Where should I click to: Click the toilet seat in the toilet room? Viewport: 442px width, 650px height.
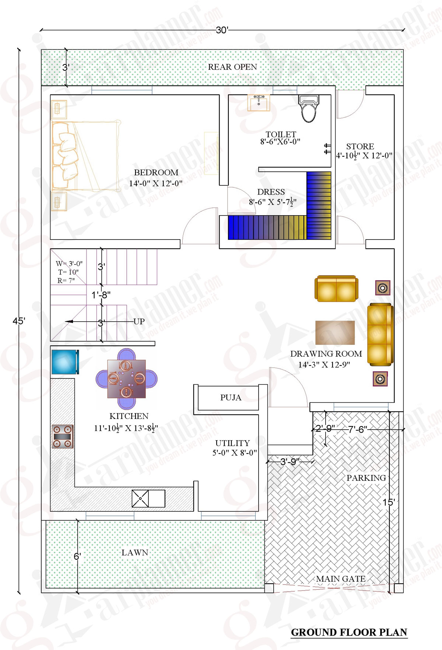coord(309,110)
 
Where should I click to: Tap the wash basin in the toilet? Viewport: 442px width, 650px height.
coord(259,102)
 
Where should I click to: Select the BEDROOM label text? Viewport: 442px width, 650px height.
coord(156,172)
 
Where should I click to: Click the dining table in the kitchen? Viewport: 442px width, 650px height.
coord(126,379)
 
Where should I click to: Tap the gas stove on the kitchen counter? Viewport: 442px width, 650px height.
coord(62,436)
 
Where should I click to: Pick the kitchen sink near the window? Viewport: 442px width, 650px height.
coord(148,499)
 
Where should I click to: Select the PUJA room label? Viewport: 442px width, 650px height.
coord(231,398)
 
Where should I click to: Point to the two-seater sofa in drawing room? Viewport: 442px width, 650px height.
coord(336,289)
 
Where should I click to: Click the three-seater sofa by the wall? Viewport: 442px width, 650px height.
coord(380,334)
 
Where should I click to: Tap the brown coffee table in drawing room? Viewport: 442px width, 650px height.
coord(335,332)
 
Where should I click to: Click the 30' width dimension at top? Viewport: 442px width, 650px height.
coord(222,30)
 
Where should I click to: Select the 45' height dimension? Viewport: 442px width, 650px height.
coord(18,321)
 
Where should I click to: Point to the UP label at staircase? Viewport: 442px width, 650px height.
coord(139,321)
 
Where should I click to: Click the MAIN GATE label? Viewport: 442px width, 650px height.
coord(341,579)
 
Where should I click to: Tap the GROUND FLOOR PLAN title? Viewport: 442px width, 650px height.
coord(349,632)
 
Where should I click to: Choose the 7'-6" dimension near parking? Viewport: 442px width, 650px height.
coord(357,429)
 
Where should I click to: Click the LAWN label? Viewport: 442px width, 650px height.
coord(135,552)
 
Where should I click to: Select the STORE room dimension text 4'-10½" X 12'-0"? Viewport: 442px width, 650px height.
coord(364,155)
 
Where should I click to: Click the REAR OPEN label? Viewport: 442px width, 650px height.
coord(232,67)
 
